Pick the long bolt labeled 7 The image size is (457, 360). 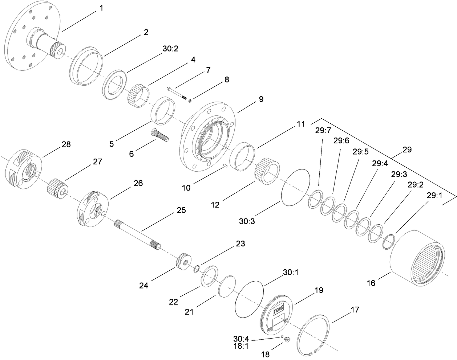coord(177,92)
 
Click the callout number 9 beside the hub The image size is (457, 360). coord(261,99)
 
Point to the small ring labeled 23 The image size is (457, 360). coord(195,269)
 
